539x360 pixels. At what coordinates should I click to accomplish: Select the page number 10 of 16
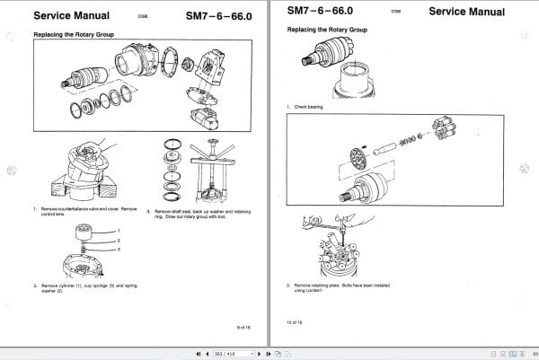pyautogui.click(x=296, y=321)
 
